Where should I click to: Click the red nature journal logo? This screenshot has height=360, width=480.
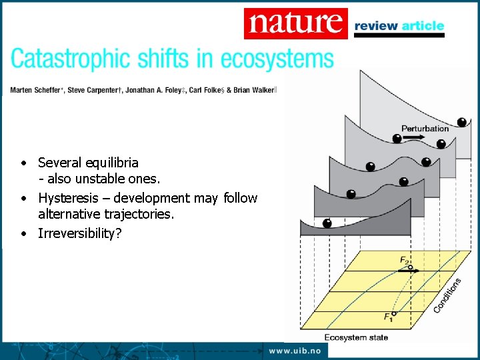coord(295,23)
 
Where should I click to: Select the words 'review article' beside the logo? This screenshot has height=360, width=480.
coord(399,26)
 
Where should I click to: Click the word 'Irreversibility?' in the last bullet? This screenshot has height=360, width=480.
coord(80,233)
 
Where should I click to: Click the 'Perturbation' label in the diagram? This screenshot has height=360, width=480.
coord(425,128)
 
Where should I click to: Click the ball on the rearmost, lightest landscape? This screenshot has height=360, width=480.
coord(461,122)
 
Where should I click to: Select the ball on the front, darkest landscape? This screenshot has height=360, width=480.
coord(327,223)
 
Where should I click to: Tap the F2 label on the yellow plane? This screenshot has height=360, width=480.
coord(404,259)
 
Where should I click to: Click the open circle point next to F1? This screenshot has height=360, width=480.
coord(394,313)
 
